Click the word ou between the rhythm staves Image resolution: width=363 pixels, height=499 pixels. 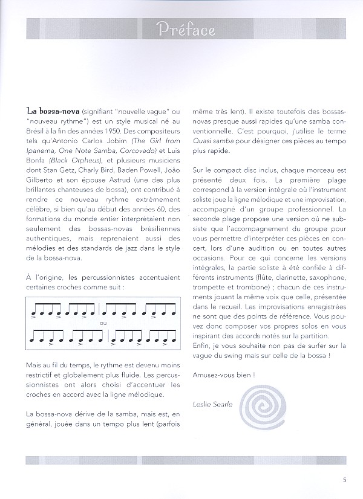point(102,323)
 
